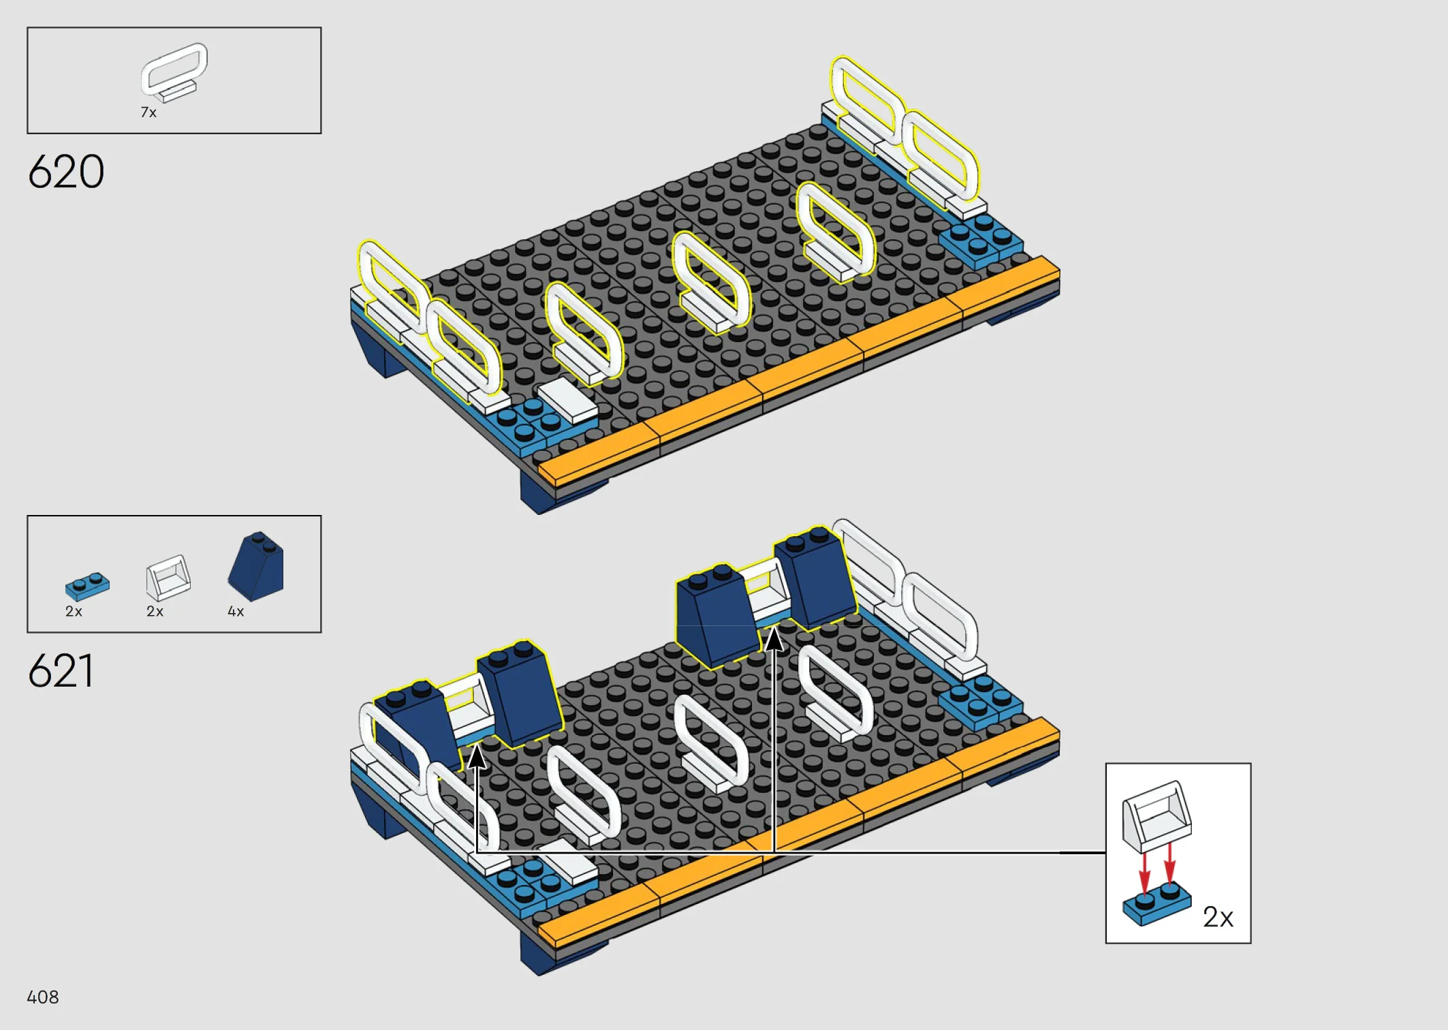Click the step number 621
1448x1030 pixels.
pos(60,670)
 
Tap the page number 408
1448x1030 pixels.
pos(43,997)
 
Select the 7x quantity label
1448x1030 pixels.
pos(148,112)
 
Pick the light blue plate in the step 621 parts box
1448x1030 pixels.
pos(87,586)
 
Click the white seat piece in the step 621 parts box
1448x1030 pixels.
pos(168,578)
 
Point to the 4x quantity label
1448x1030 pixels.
pos(236,611)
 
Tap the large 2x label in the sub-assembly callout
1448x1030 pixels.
pos(1218,917)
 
